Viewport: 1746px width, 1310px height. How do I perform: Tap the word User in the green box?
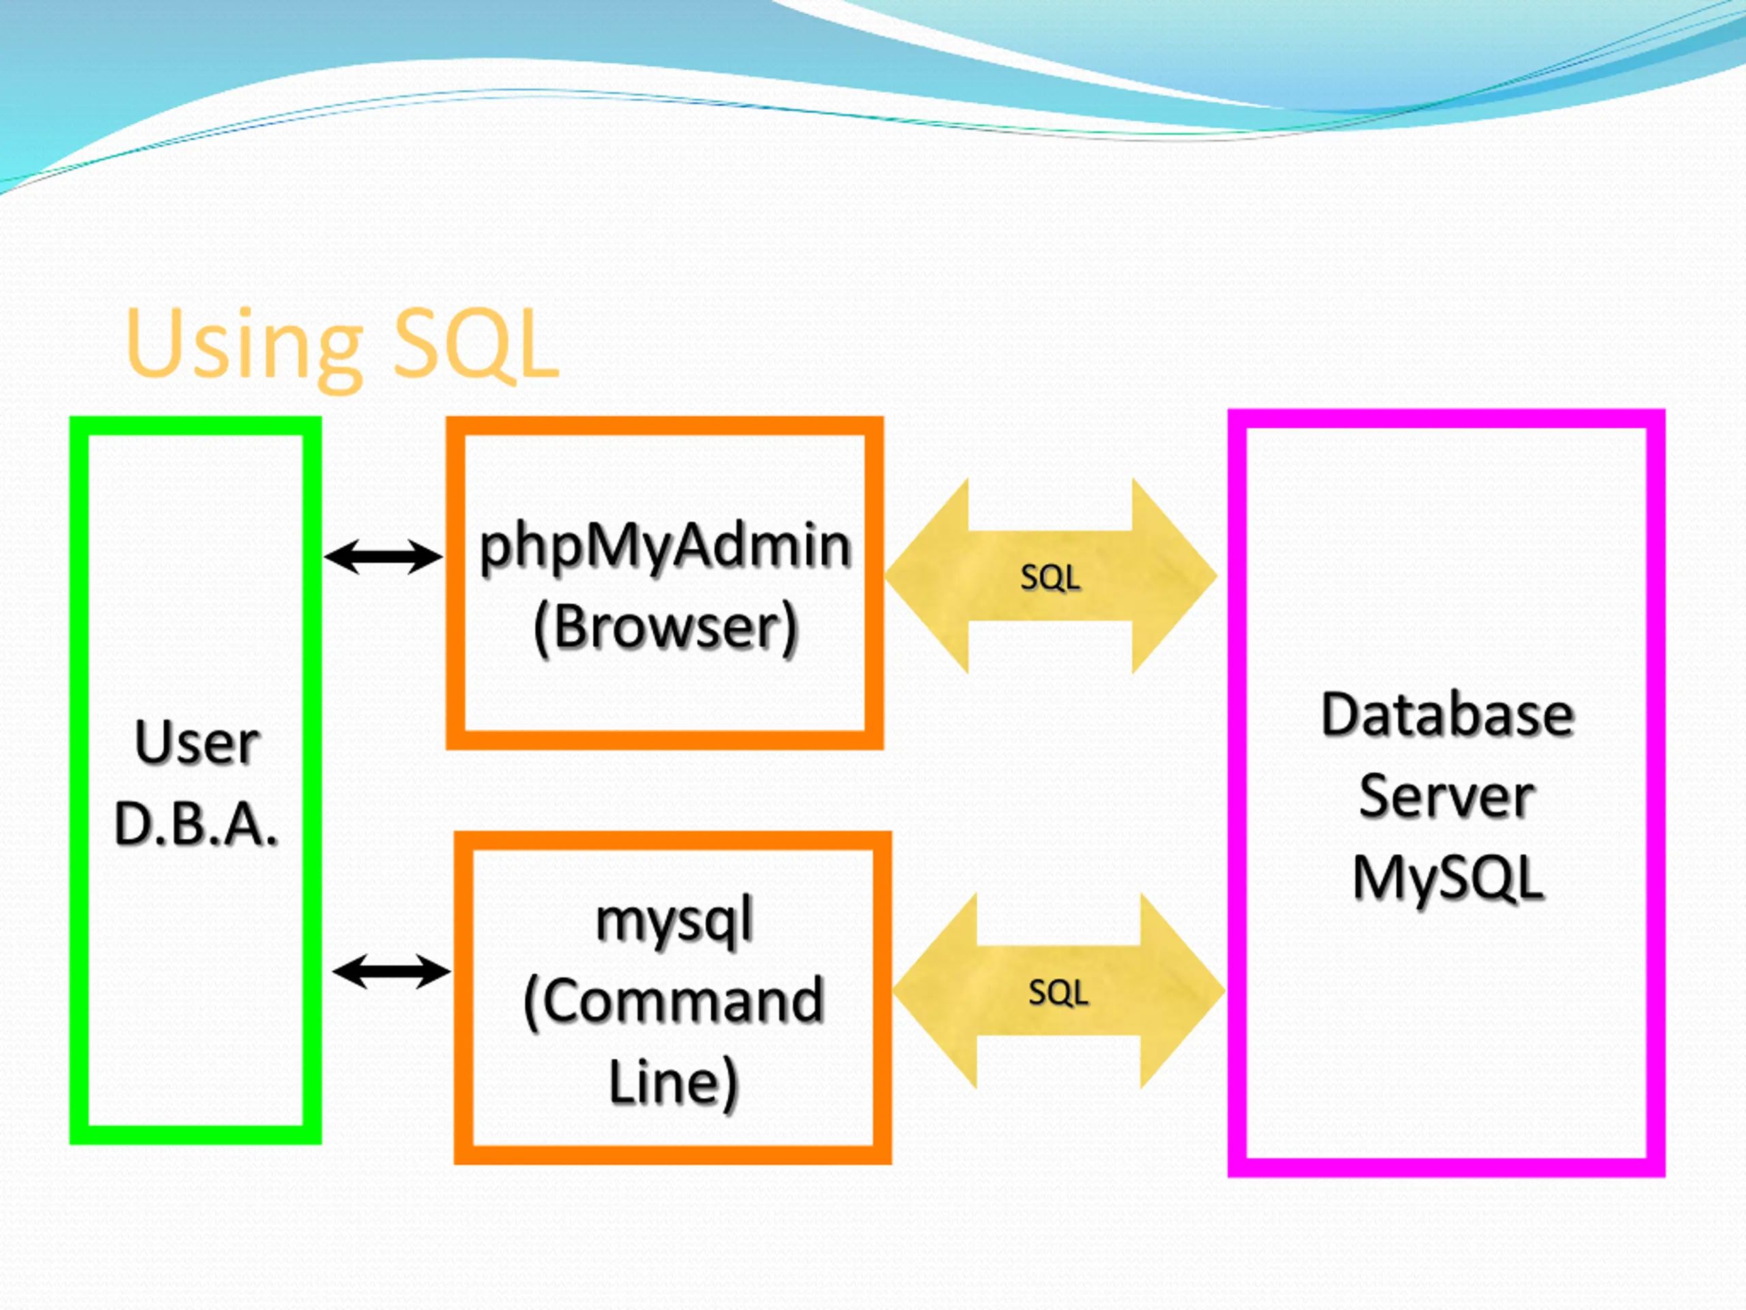196,742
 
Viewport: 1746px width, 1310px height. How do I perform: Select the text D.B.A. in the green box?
196,824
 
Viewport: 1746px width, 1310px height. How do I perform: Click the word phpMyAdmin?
666,547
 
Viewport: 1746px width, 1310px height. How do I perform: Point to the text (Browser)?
666,628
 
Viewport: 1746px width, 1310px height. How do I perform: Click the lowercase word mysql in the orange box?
674,922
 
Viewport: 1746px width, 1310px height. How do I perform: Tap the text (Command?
673,1001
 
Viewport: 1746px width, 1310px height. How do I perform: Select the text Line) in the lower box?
673,1082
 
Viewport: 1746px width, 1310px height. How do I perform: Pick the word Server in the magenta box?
1447,797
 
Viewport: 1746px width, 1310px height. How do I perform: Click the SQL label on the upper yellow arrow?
1050,577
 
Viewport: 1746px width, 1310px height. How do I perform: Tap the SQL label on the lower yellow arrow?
1058,992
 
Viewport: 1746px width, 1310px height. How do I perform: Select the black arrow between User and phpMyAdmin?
383,557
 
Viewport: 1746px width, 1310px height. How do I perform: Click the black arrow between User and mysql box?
391,972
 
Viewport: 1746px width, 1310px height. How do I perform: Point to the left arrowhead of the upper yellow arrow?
927,576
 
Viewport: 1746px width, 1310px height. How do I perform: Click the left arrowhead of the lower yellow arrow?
935,991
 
